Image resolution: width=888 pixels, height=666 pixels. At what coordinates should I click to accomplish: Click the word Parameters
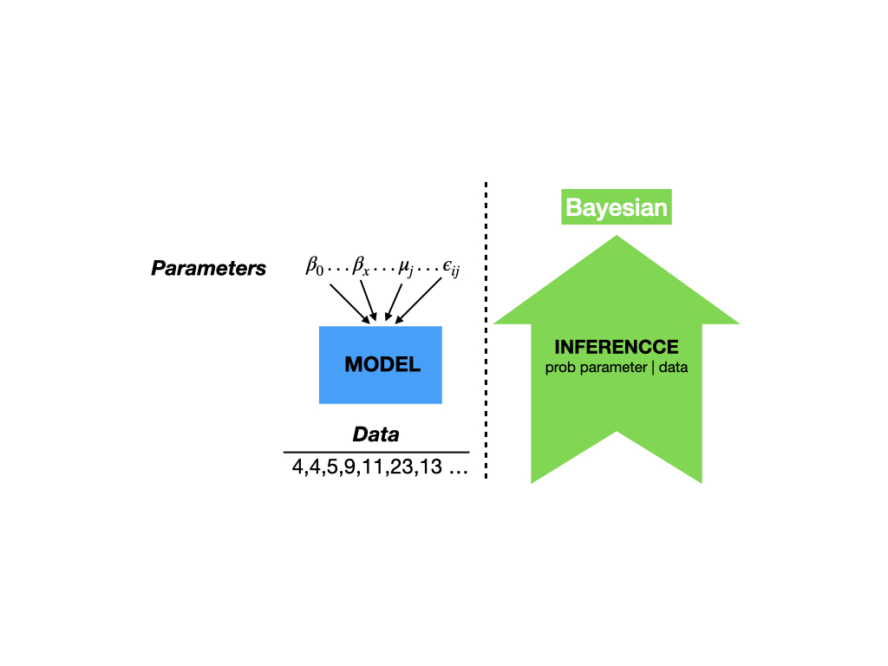click(208, 268)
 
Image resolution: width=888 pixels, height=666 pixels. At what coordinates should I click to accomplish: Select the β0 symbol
click(314, 265)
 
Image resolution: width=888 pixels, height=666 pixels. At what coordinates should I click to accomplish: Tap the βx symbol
click(361, 265)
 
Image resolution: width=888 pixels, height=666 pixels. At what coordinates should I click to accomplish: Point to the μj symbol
click(406, 267)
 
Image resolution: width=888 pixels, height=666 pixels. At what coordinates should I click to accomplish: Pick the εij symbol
click(451, 267)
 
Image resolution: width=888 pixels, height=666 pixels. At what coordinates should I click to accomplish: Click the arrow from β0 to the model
click(350, 304)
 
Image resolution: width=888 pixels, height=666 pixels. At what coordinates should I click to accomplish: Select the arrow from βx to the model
click(369, 301)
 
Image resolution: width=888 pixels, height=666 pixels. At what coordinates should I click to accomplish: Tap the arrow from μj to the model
click(393, 303)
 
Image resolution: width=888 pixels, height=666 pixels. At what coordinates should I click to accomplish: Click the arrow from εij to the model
click(418, 301)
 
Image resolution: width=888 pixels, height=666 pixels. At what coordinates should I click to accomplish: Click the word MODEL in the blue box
click(382, 364)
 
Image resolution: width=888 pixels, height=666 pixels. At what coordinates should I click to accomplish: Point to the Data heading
click(376, 434)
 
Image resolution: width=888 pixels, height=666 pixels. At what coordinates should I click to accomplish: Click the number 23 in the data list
click(402, 467)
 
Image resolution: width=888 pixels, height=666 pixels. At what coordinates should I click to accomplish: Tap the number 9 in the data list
click(349, 467)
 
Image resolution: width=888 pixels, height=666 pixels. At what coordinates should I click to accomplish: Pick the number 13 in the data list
click(431, 467)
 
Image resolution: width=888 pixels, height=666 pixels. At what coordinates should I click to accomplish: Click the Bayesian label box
click(617, 206)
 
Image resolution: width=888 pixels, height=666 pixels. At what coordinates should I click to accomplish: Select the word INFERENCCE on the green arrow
click(617, 347)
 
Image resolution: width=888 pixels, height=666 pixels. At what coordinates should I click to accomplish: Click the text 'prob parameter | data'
click(617, 368)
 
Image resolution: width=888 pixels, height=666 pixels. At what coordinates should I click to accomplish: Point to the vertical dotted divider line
click(486, 330)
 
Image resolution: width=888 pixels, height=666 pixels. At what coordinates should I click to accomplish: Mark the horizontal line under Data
click(376, 452)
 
